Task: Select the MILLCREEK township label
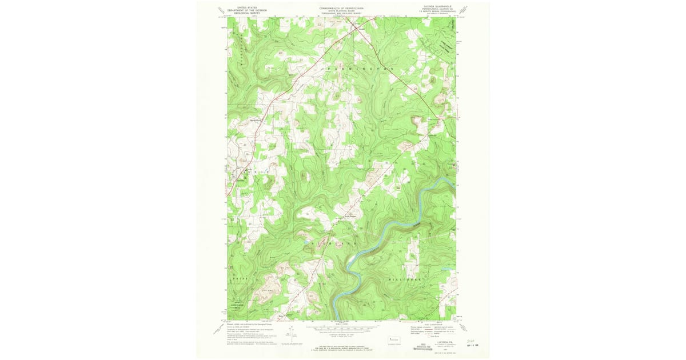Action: pos(405,279)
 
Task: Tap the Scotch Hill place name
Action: pos(349,217)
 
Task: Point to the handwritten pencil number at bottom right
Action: pos(470,338)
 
